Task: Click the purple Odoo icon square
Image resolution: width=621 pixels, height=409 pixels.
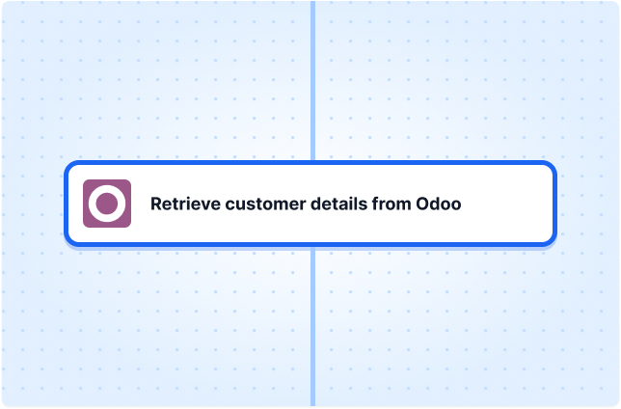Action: (107, 204)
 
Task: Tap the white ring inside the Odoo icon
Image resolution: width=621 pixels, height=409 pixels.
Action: (107, 190)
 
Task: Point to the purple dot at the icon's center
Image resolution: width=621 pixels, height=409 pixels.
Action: (107, 204)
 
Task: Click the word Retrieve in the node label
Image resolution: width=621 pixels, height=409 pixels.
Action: (185, 204)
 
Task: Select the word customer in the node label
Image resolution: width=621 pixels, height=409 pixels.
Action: (265, 204)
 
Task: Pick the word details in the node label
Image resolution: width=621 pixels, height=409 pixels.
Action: (338, 204)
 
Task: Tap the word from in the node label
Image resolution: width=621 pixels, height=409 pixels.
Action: (391, 204)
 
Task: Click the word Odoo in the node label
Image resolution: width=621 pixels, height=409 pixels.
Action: (439, 204)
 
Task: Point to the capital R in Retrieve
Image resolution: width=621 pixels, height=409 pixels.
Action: (156, 204)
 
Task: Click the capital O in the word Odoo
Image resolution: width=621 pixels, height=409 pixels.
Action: (422, 204)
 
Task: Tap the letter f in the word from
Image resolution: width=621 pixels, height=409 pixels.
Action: (375, 204)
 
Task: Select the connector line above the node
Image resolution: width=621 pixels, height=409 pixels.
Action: (312, 80)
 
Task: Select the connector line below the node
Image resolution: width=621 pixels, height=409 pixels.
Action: (312, 326)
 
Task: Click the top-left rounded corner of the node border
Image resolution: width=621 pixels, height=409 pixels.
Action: (68, 165)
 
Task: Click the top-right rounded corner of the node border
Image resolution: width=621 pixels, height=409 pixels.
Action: (553, 165)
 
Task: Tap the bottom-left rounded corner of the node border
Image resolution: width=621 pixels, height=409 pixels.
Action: (68, 242)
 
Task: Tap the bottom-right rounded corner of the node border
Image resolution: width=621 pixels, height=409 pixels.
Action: (553, 242)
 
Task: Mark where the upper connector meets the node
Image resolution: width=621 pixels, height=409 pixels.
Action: (312, 161)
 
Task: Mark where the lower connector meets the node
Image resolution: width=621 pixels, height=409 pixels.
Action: (312, 246)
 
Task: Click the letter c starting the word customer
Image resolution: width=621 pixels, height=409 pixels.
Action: (229, 204)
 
